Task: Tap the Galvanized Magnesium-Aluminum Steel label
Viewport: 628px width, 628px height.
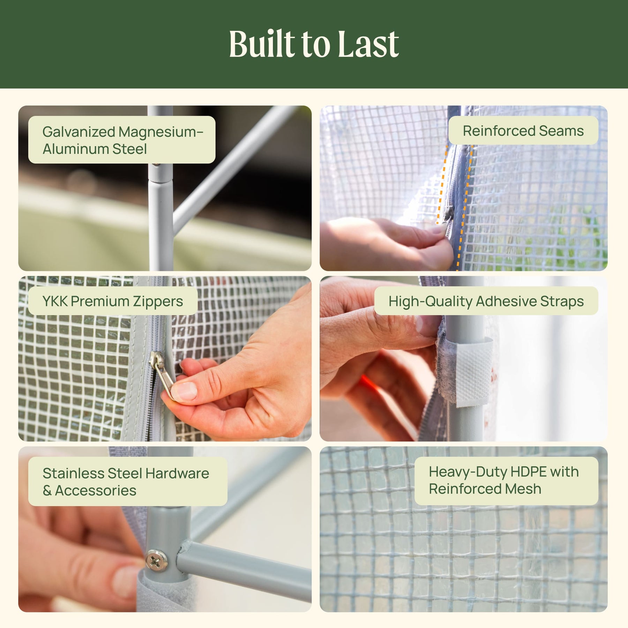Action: pyautogui.click(x=122, y=140)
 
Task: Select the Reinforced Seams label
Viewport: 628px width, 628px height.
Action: pyautogui.click(x=523, y=130)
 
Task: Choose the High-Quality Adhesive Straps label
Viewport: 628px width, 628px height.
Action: pyautogui.click(x=486, y=301)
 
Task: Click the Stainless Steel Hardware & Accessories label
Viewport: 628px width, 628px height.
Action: pyautogui.click(x=128, y=481)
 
